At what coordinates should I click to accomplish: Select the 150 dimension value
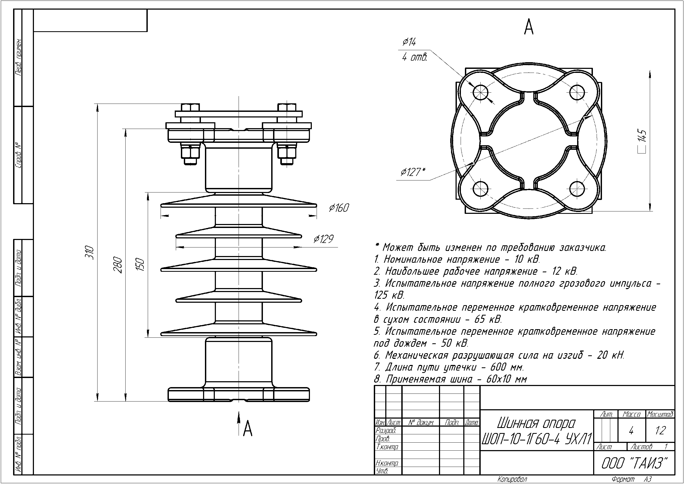pos(140,265)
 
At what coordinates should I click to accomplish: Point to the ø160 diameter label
pos(339,208)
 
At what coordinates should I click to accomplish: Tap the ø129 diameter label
pos(323,239)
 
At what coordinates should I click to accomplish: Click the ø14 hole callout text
pos(409,42)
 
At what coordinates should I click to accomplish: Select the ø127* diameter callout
pos(413,172)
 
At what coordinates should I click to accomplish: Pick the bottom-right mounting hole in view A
pos(577,189)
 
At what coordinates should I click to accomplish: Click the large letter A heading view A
pos(528,27)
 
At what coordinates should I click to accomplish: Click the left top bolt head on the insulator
pos(190,108)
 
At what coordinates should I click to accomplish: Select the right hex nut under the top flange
pos(287,152)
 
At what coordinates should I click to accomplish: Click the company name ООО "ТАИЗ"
pos(634,463)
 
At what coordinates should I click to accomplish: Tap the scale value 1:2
pos(660,430)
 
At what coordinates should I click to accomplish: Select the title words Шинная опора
pos(536,423)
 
